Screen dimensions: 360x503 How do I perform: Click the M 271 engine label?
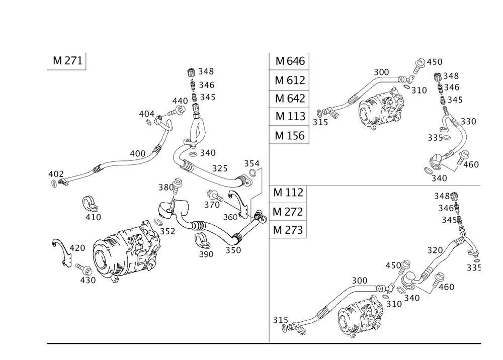(67, 61)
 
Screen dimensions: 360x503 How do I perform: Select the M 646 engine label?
(290, 61)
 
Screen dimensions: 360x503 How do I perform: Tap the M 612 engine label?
(290, 80)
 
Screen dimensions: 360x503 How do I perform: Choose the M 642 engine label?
(290, 98)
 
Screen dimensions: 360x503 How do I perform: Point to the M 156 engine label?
(290, 135)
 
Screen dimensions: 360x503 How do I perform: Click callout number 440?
(180, 101)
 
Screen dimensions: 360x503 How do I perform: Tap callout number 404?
(147, 114)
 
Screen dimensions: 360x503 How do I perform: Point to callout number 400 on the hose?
(137, 153)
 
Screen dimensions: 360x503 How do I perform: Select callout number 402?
(56, 173)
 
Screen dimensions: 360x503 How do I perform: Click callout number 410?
(94, 217)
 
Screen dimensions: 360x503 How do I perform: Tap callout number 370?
(212, 205)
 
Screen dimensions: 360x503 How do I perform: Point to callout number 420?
(77, 248)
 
